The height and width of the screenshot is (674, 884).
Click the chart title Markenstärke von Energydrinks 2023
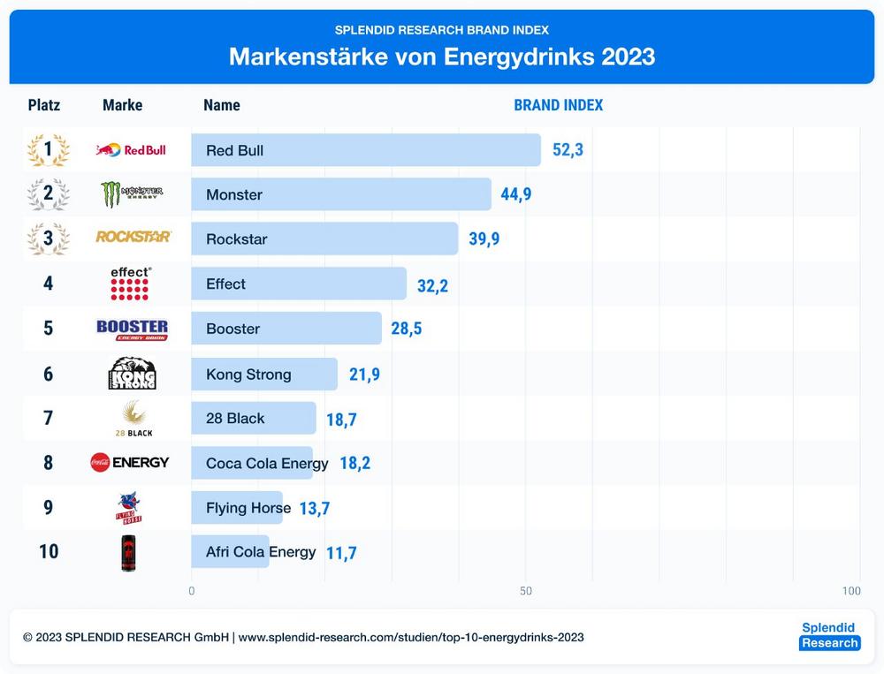442,57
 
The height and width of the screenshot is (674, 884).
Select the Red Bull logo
131,150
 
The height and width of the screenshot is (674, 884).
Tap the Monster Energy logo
131,194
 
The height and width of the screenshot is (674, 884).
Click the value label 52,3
568,150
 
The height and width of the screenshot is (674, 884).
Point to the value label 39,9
484,239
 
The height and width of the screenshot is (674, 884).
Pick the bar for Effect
299,284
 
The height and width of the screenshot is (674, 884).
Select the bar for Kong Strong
264,375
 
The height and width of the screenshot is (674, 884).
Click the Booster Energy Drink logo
132,329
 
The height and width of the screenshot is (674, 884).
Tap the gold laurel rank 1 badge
48,150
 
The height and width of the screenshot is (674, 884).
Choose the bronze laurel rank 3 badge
48,239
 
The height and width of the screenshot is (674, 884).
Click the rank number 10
49,551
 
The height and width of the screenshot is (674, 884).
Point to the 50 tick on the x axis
526,591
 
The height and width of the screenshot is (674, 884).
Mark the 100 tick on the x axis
851,591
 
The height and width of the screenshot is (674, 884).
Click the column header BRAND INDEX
558,105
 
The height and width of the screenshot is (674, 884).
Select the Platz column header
44,105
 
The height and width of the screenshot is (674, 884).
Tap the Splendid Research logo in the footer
828,635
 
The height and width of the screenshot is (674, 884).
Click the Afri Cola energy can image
129,553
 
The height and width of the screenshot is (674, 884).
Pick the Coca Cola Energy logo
129,462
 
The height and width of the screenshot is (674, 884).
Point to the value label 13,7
314,509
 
